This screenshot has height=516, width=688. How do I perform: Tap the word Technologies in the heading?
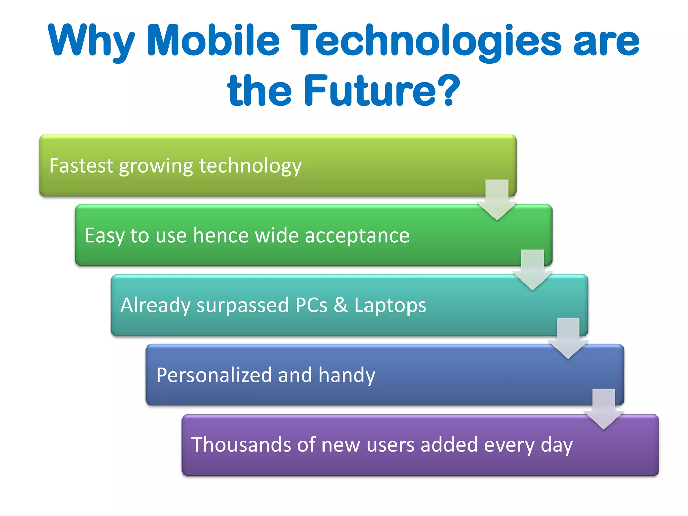[426, 40]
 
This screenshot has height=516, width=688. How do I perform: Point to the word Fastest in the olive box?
[81, 166]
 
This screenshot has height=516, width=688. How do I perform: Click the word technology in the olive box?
[250, 166]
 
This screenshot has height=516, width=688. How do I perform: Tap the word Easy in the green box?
[104, 236]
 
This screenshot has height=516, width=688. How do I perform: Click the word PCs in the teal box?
[311, 305]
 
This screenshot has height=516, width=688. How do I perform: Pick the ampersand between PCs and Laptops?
[341, 305]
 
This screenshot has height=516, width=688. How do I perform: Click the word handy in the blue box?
[346, 376]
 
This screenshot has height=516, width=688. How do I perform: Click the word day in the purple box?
[556, 445]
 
